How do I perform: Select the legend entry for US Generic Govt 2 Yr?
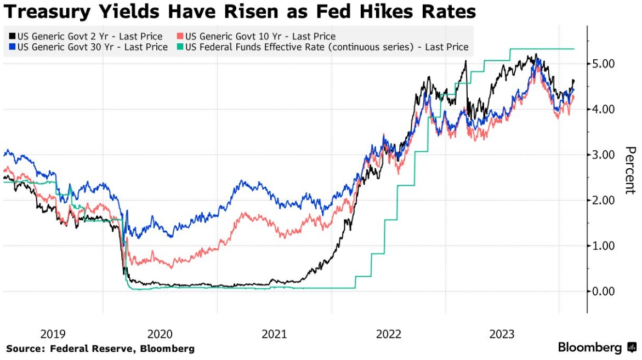tap(90, 37)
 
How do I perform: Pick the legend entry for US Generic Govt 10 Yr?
tap(260, 37)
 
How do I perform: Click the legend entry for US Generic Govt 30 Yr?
tap(93, 47)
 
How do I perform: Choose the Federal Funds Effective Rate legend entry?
tap(327, 47)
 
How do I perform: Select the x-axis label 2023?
tap(502, 334)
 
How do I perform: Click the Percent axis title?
tap(630, 170)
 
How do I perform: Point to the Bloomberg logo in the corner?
tap(597, 347)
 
